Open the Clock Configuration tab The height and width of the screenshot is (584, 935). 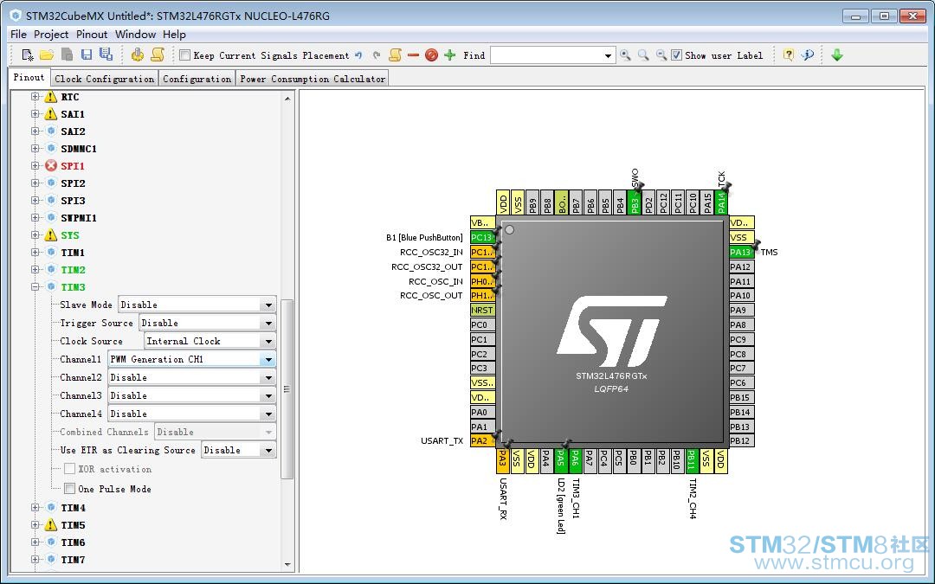105,79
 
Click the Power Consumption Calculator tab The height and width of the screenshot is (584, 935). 313,79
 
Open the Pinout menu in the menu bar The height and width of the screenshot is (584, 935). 91,35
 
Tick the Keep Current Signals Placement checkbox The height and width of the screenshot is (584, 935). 185,55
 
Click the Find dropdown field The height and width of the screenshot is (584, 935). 552,55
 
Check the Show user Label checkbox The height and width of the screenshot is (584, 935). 676,55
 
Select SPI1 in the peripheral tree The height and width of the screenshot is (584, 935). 73,166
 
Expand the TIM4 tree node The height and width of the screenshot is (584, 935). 35,508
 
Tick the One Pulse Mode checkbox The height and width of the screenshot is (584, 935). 70,489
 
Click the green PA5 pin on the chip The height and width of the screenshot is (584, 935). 560,460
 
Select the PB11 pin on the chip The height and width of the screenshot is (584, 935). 691,460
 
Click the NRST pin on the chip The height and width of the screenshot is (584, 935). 482,310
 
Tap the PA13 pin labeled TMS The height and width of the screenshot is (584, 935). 741,252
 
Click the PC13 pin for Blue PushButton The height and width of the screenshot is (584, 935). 482,237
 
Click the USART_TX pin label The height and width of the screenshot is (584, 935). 442,441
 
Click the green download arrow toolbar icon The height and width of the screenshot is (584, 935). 837,55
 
